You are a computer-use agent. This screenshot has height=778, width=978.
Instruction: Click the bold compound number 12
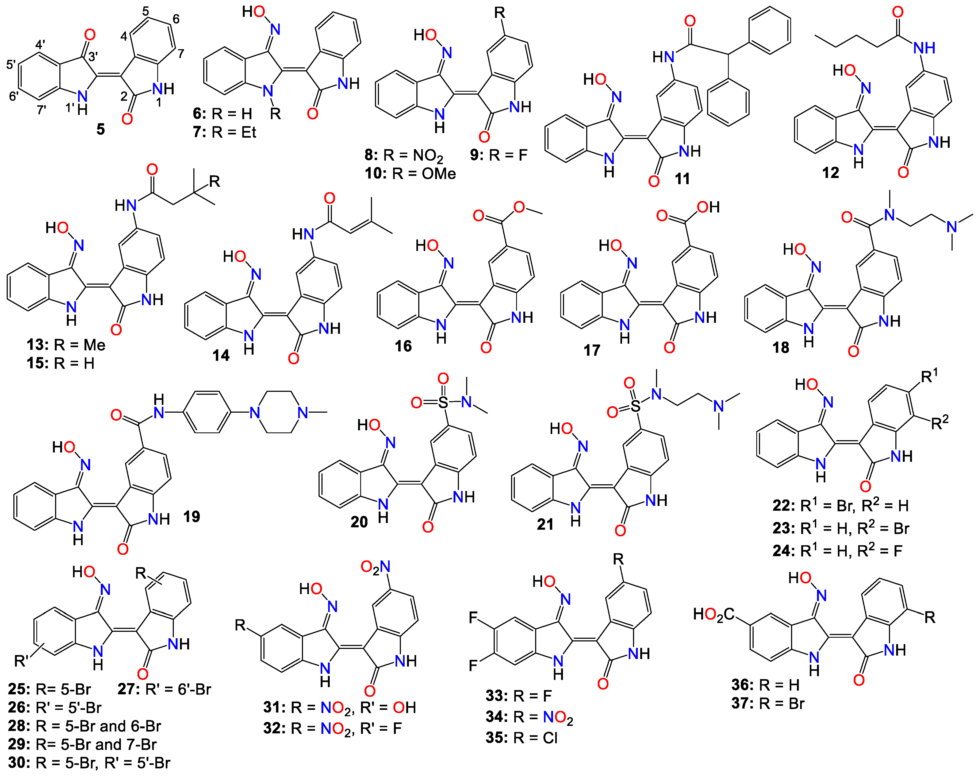pos(831,173)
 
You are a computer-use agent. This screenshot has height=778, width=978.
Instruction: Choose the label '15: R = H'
pos(60,363)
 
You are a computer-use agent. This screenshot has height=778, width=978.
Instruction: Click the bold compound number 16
pos(403,346)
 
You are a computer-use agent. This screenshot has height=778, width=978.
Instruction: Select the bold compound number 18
pos(781,348)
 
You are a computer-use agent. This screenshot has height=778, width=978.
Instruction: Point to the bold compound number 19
pos(191,516)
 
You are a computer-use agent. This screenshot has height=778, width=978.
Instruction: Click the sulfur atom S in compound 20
pos(443,402)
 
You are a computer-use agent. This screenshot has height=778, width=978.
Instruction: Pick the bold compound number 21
pos(545,525)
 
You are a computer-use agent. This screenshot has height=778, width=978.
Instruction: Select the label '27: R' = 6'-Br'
pos(164,689)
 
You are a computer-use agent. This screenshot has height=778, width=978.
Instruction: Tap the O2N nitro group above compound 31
pos(375,567)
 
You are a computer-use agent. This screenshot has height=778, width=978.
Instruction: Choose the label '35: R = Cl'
pos(521,738)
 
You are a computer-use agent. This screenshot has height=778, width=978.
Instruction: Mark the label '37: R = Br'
pos(768,704)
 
